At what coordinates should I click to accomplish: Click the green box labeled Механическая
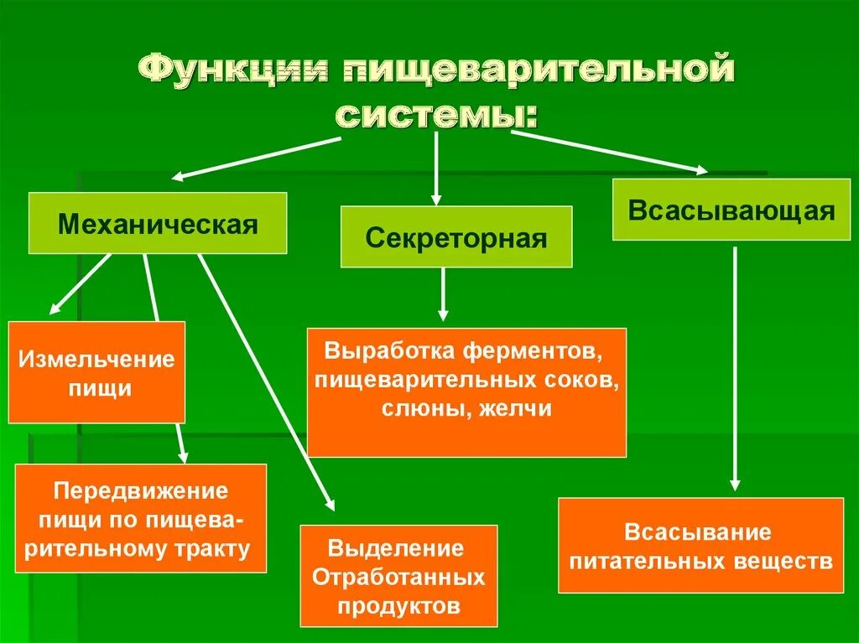pos(158,223)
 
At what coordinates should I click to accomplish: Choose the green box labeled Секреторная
pos(456,237)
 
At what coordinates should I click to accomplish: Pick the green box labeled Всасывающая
pos(731,210)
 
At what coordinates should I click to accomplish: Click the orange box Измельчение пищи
pos(96,372)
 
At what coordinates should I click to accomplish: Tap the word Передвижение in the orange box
pos(141,490)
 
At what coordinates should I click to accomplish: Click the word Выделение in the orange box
pos(397,548)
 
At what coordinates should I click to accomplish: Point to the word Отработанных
pos(398,577)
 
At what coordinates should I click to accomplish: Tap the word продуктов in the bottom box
pos(398,605)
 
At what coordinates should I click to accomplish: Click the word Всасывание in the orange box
pos(697,532)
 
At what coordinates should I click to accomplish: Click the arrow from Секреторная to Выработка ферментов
pos(444,294)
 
